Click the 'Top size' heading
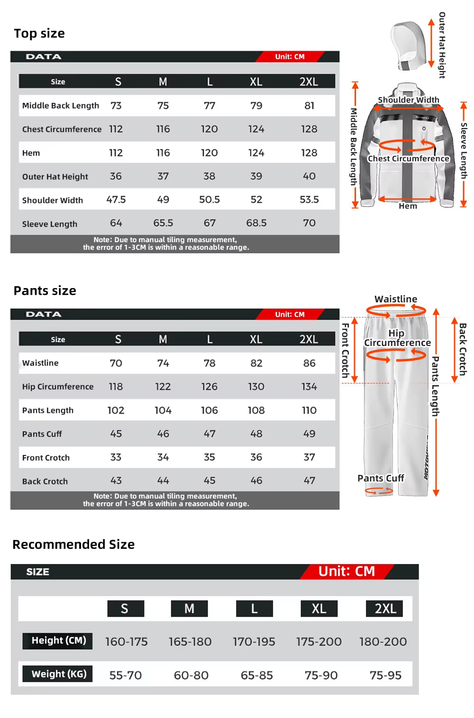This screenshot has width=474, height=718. pyautogui.click(x=39, y=34)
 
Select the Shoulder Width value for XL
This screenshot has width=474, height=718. pyautogui.click(x=256, y=200)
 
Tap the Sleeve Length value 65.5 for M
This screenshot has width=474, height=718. pyautogui.click(x=163, y=223)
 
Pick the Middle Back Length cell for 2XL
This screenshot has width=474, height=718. pyautogui.click(x=309, y=105)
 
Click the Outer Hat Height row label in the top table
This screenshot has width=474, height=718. pyautogui.click(x=55, y=176)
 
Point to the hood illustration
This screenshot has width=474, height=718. pyautogui.click(x=408, y=46)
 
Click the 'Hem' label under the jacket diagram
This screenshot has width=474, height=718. pyautogui.click(x=408, y=206)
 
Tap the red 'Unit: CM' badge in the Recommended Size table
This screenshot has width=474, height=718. pyautogui.click(x=346, y=571)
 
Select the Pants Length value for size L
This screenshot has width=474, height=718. pyautogui.click(x=209, y=410)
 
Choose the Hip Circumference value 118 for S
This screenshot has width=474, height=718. pyautogui.click(x=116, y=386)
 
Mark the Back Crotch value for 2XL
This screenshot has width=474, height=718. pyautogui.click(x=309, y=481)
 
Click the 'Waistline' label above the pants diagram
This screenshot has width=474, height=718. pyautogui.click(x=396, y=299)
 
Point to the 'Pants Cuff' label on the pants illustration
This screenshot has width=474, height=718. pyautogui.click(x=381, y=478)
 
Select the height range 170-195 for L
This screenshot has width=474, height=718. pyautogui.click(x=254, y=642)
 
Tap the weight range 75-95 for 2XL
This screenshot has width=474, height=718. pyautogui.click(x=385, y=675)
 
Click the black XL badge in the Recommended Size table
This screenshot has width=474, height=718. pyautogui.click(x=319, y=609)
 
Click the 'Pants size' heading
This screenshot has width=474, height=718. pyautogui.click(x=45, y=291)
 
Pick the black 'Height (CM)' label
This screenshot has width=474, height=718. pyautogui.click(x=58, y=641)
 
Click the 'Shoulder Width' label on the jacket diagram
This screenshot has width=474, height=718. pyautogui.click(x=408, y=100)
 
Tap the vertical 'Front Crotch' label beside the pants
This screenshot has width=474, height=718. pyautogui.click(x=346, y=350)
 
